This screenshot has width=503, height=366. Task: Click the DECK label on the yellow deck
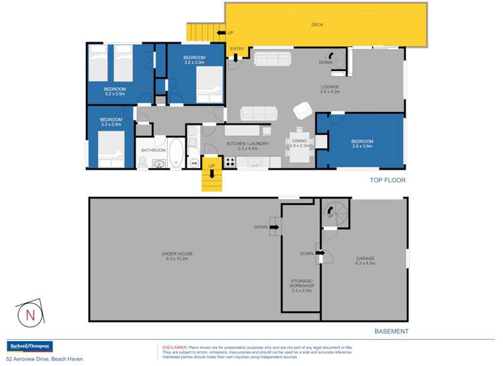[x=317, y=25]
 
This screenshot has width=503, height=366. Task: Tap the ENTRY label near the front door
[x=237, y=49]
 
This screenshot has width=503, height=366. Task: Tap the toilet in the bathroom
[x=142, y=162]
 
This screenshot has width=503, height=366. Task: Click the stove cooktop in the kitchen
[x=230, y=162]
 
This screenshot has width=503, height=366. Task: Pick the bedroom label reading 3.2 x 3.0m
[x=194, y=61]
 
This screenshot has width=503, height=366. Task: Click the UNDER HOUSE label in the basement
[x=177, y=256]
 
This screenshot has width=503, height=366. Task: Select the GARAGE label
[x=365, y=260]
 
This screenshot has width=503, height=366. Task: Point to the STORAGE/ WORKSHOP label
[x=302, y=286]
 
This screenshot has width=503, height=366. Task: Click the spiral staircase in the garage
[x=334, y=215]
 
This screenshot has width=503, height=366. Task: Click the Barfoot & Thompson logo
[x=29, y=346]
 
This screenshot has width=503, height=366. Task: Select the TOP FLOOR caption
[x=388, y=180]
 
